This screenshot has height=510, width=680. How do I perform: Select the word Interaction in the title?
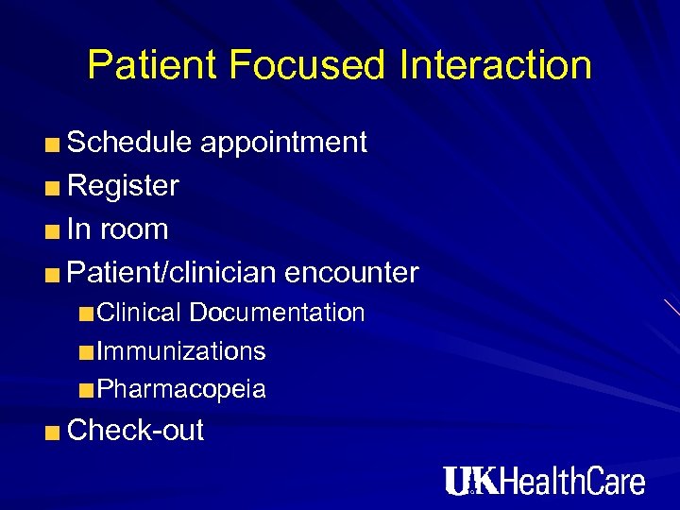pos(496,65)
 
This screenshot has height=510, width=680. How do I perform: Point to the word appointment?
pos(282,143)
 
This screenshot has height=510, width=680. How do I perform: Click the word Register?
pos(124,186)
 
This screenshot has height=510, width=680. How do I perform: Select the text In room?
pos(118,229)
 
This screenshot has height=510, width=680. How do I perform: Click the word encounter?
pos(351,273)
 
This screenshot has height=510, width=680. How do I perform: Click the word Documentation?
pos(283,313)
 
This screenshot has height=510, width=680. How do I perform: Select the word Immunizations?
pos(181,351)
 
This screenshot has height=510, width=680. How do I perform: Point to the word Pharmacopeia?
pos(181,389)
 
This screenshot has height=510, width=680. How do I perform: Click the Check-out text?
pos(136,431)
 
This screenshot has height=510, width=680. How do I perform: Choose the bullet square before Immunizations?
pos(87,353)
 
